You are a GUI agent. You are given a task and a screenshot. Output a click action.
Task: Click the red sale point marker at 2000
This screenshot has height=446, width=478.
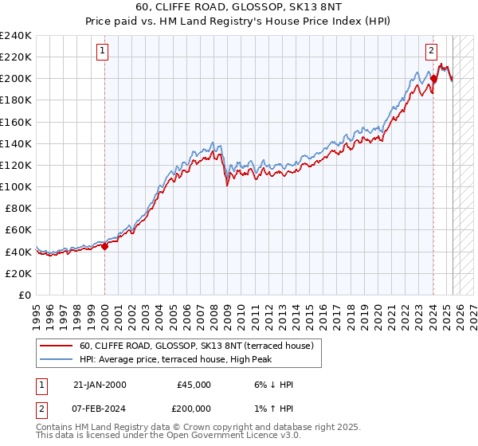point(105,246)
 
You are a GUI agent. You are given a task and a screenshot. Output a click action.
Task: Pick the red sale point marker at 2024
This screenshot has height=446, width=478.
point(433,79)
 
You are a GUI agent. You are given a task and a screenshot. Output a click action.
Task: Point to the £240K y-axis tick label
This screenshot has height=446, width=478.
point(16,36)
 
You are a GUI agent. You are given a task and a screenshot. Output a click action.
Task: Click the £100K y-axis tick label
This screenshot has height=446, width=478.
point(16,186)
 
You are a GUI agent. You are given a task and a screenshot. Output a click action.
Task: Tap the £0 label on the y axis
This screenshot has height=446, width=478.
point(25,295)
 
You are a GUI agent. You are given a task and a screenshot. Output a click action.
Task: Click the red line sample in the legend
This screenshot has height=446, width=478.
point(57,346)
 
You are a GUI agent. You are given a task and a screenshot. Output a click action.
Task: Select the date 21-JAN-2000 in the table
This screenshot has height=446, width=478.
point(99,385)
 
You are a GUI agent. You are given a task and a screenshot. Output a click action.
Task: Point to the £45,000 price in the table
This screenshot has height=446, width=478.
point(193,385)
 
